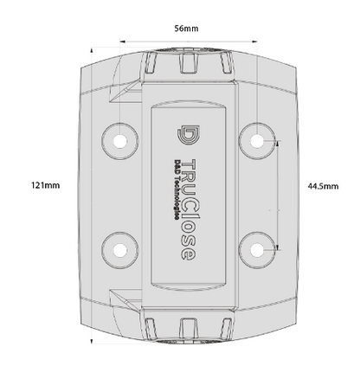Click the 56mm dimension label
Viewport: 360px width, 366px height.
tap(186, 29)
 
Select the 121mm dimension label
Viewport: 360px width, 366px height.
tap(45, 185)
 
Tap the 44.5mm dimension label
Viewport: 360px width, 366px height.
tap(323, 186)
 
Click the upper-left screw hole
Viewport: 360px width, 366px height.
tap(120, 141)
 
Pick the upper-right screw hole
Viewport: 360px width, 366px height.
tap(257, 141)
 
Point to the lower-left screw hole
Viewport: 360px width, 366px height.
tap(120, 250)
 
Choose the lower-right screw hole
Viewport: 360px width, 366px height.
tap(257, 250)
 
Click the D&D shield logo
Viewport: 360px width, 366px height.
tap(189, 135)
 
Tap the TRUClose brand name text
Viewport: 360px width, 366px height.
tap(190, 209)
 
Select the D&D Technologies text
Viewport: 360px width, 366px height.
tap(177, 189)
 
